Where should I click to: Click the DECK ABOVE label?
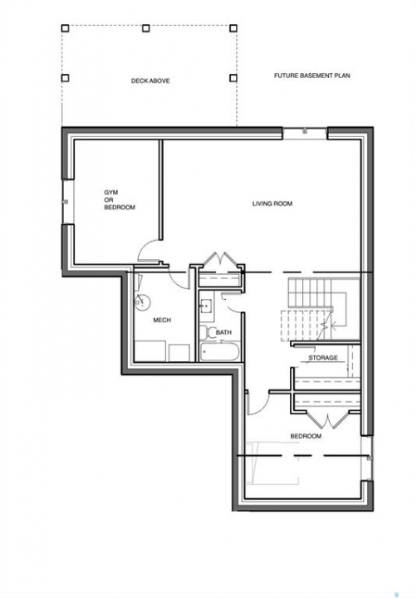point(150,81)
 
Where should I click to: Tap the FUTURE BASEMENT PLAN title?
point(312,76)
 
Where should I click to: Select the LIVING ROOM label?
point(272,203)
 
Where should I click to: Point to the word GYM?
point(111,192)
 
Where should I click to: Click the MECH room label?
point(162,320)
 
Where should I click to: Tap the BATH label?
point(223,332)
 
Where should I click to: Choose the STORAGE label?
point(323,358)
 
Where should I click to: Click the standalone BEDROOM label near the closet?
point(306,436)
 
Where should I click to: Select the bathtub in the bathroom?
point(219,352)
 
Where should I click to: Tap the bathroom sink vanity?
point(206,306)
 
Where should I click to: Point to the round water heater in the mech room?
point(142,302)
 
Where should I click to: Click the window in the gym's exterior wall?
point(66,201)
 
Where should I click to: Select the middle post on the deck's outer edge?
point(145,28)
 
